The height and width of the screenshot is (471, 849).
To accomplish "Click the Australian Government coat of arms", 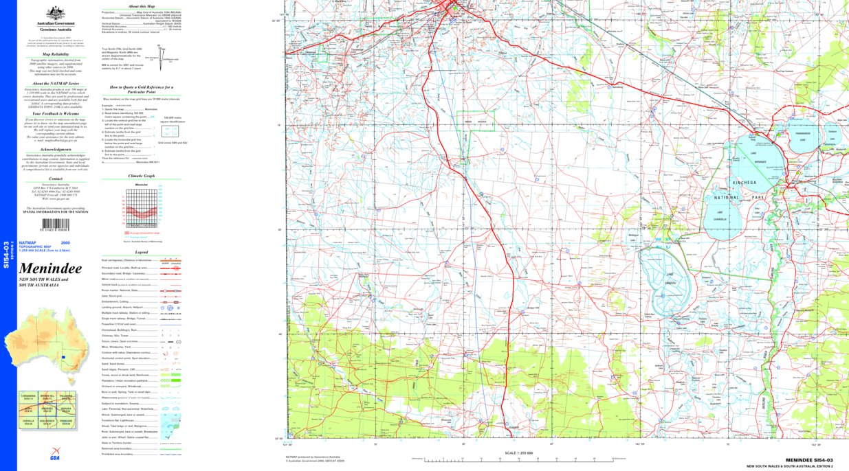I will [x=56, y=13].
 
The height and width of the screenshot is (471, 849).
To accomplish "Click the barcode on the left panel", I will [x=56, y=225].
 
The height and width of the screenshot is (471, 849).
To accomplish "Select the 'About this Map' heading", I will [x=142, y=6].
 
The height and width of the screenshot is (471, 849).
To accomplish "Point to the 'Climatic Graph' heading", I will [x=142, y=176].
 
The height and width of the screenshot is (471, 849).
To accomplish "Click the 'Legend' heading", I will [x=142, y=252].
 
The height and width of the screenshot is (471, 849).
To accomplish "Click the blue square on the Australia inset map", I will [x=63, y=357].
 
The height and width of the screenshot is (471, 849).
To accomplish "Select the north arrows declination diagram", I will [x=162, y=59].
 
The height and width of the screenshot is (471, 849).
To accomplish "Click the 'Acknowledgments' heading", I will [x=56, y=149].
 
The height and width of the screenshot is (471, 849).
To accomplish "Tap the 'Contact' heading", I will [x=56, y=178].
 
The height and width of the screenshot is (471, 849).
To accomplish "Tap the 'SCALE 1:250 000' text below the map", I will [x=519, y=453].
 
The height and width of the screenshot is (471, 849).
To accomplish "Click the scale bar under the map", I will [x=519, y=459].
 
